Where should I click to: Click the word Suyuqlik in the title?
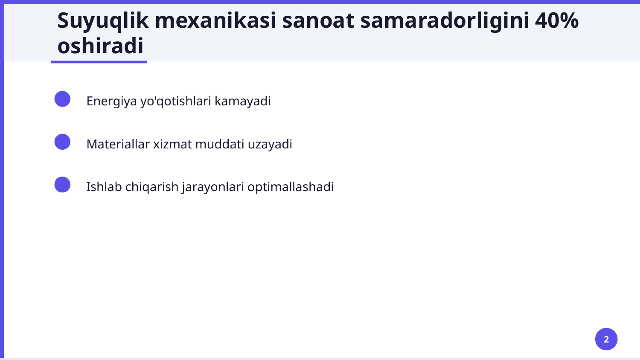(x=103, y=20)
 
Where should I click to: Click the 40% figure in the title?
(x=556, y=20)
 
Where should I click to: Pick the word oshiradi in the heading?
(x=100, y=46)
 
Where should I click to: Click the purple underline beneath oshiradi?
(x=99, y=62)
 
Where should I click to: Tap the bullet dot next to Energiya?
(x=62, y=99)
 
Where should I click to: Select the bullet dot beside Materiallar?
(x=62, y=142)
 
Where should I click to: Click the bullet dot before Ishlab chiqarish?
(x=62, y=185)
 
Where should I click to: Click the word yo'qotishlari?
(x=175, y=102)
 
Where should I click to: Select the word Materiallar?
(x=118, y=144)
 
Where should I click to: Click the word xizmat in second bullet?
(x=172, y=144)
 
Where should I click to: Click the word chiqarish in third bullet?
(x=151, y=187)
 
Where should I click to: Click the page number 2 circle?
(x=606, y=339)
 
